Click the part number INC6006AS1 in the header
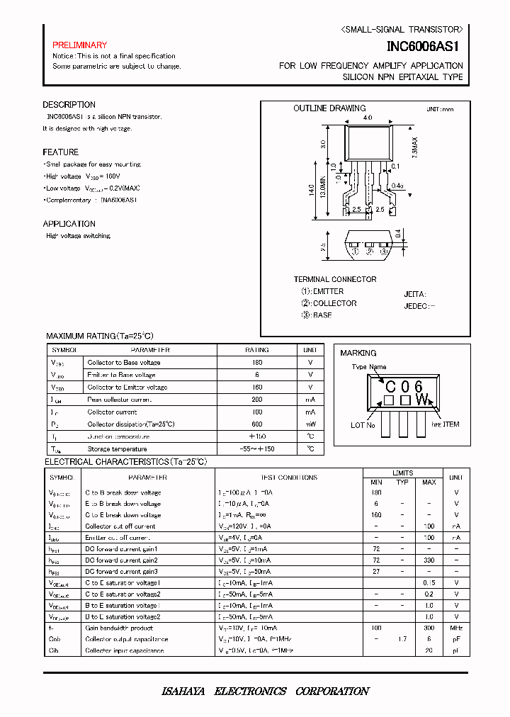tap(424, 47)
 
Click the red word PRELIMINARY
tap(79, 45)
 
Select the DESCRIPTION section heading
tap(69, 105)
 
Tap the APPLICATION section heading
tap(69, 224)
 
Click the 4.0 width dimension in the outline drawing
tap(367, 118)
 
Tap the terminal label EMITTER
tap(323, 291)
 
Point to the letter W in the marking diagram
tap(422, 400)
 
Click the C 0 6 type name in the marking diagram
tap(404, 386)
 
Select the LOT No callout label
tap(363, 425)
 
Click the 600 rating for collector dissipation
tap(257, 424)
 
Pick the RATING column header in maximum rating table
tap(257, 350)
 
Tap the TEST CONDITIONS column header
tap(289, 478)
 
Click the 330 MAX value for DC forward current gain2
tap(429, 560)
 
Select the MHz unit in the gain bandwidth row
tap(457, 628)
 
